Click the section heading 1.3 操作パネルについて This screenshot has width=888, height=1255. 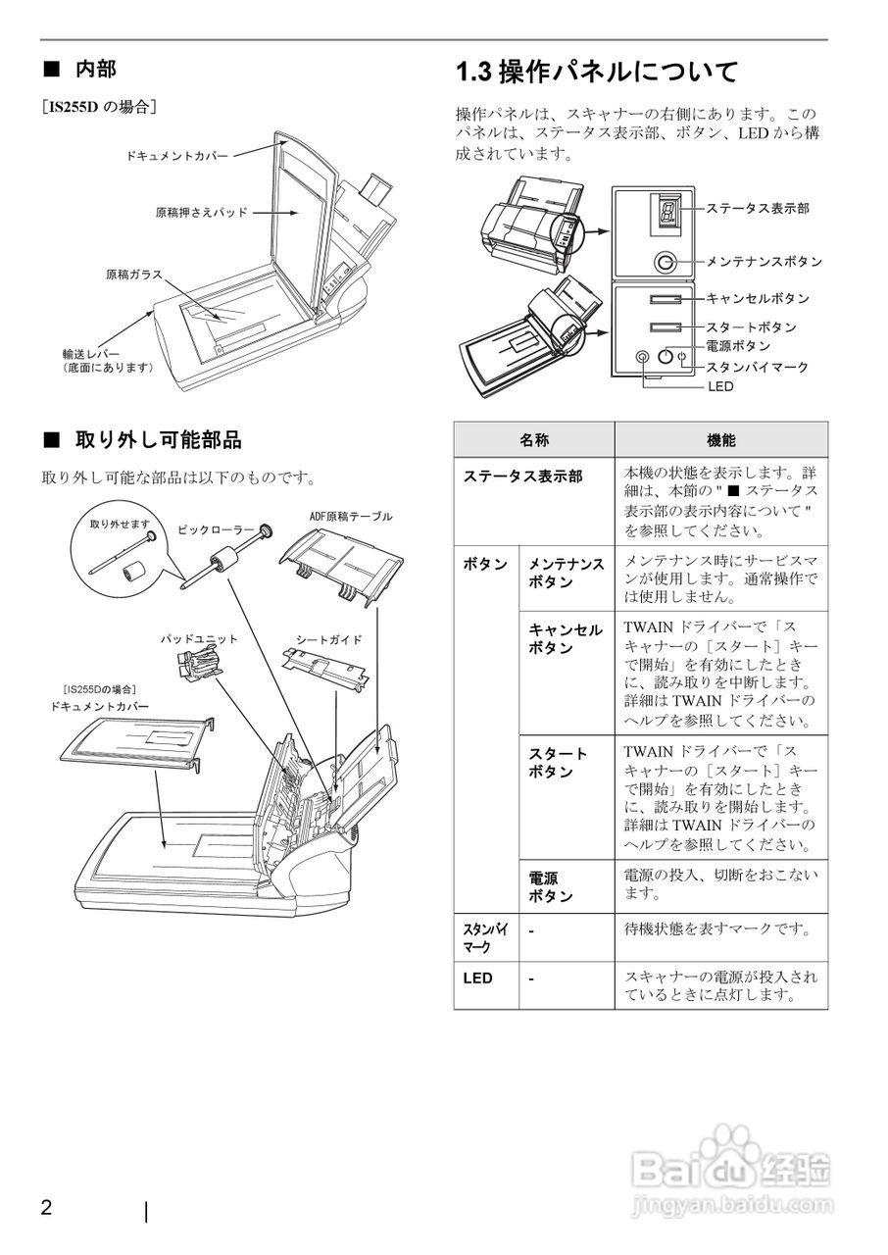(597, 72)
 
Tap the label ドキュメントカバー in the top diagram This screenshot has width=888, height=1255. (177, 156)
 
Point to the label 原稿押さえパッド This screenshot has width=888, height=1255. (201, 212)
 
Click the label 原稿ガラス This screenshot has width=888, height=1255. (134, 275)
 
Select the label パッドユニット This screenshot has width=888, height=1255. (199, 639)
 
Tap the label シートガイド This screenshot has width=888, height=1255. (329, 639)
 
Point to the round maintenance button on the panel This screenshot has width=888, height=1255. (666, 262)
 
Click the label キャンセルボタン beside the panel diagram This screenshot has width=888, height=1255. (758, 298)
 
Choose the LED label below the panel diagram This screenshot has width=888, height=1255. (719, 386)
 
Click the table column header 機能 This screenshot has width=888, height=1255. (720, 441)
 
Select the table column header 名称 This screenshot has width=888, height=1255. (533, 441)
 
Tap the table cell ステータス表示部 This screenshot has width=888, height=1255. (522, 476)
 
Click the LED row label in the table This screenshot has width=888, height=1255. (478, 978)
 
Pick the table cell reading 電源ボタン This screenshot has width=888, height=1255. (551, 887)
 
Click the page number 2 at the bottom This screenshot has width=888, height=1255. (46, 1207)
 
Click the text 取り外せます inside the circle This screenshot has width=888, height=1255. (120, 525)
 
